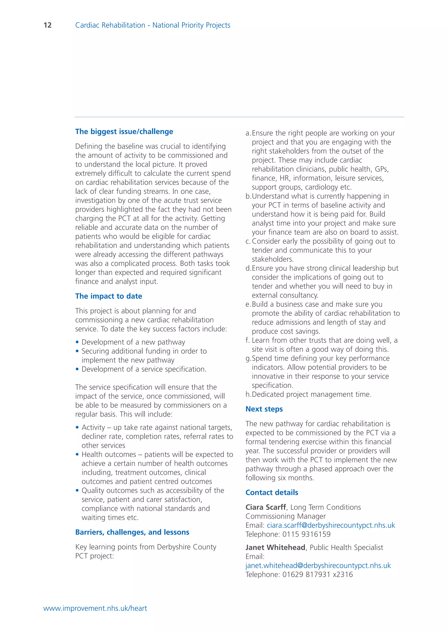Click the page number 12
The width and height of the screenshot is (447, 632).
(x=47, y=25)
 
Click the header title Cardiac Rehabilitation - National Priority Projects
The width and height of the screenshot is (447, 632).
(x=153, y=25)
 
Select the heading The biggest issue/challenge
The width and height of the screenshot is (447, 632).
(x=124, y=132)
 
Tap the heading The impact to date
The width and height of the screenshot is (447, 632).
(x=109, y=296)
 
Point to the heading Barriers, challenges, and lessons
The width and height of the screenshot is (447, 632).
(x=132, y=532)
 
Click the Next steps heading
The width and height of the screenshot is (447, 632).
(x=264, y=409)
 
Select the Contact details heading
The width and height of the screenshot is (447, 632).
(x=272, y=493)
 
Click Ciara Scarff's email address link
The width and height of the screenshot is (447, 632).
(x=331, y=525)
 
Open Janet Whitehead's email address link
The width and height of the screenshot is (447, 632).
(x=318, y=565)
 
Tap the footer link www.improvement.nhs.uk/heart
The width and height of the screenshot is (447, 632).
(x=95, y=608)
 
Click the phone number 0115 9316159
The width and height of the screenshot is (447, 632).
(x=306, y=534)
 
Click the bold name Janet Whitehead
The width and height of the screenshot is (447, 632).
(x=275, y=548)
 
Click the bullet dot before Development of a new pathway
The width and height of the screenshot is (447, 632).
(x=77, y=342)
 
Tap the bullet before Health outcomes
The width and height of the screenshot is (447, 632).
(x=77, y=454)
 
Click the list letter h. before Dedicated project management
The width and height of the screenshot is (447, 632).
(x=248, y=394)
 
